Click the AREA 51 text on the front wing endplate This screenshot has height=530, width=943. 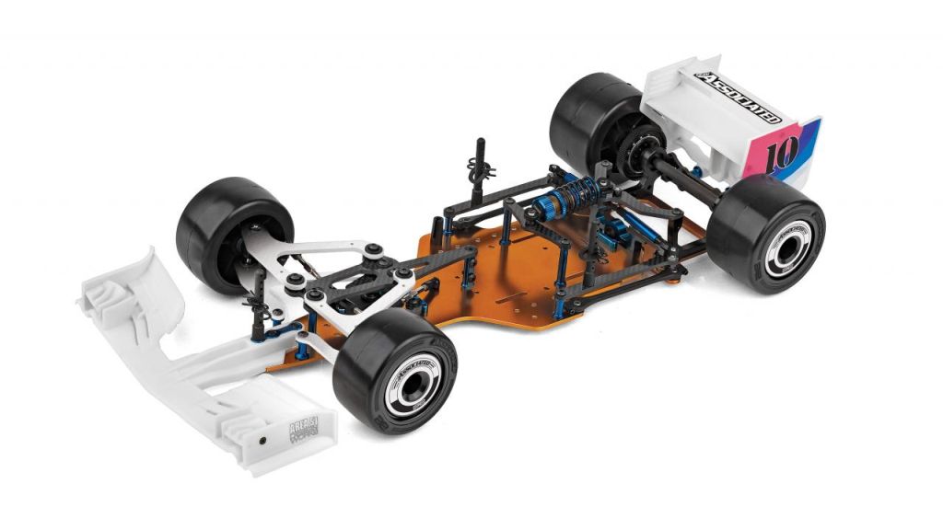[x=303, y=424]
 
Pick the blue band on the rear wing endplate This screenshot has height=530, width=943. [x=809, y=147]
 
